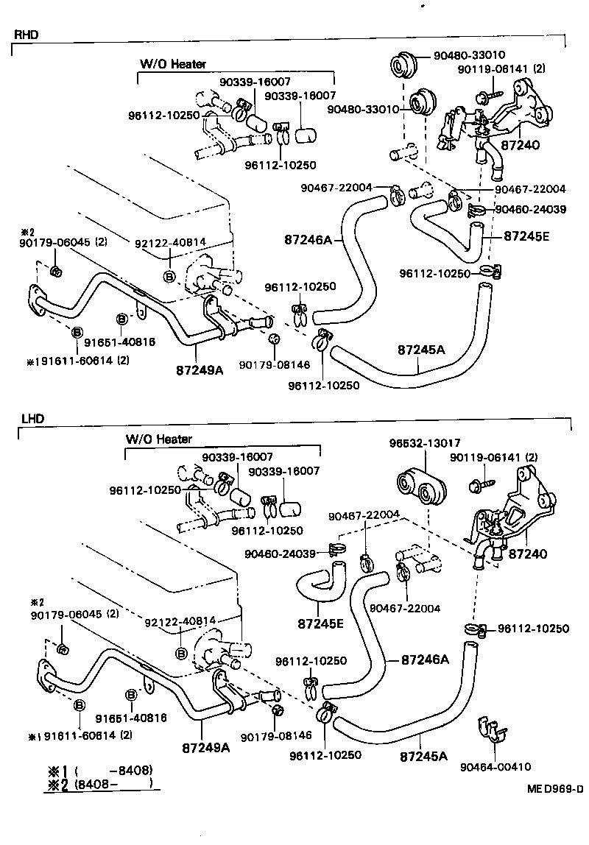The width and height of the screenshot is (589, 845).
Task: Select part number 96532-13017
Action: click(x=424, y=443)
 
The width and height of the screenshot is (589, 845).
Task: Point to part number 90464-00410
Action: click(x=495, y=767)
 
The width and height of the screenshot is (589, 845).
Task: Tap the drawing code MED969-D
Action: click(x=554, y=789)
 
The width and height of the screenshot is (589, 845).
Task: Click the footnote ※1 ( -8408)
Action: click(x=100, y=771)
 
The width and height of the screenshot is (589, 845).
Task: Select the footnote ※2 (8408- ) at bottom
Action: click(x=100, y=784)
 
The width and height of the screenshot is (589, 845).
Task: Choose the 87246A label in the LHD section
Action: click(x=425, y=660)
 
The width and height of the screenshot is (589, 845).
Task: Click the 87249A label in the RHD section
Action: click(x=200, y=369)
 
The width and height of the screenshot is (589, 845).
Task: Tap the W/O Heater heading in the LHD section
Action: click(x=158, y=439)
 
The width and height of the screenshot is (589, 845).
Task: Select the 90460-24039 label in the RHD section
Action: click(x=530, y=210)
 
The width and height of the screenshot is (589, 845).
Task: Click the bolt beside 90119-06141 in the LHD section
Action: click(x=476, y=485)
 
